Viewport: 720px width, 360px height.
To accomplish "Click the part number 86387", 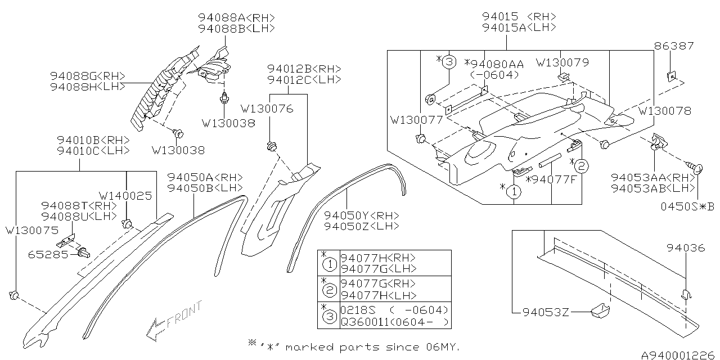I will (674, 46).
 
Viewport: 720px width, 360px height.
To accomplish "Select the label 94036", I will (686, 248).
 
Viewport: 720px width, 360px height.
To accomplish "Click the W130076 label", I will (267, 109).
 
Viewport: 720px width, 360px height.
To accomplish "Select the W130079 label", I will (562, 62).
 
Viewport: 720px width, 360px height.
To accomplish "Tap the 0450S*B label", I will (687, 207).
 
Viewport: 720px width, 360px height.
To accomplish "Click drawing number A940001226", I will (680, 355).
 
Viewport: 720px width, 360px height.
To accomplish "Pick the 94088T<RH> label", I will (79, 206).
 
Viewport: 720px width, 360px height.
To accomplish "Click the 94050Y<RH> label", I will (361, 215).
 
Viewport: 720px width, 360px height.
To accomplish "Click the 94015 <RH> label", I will (519, 16).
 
